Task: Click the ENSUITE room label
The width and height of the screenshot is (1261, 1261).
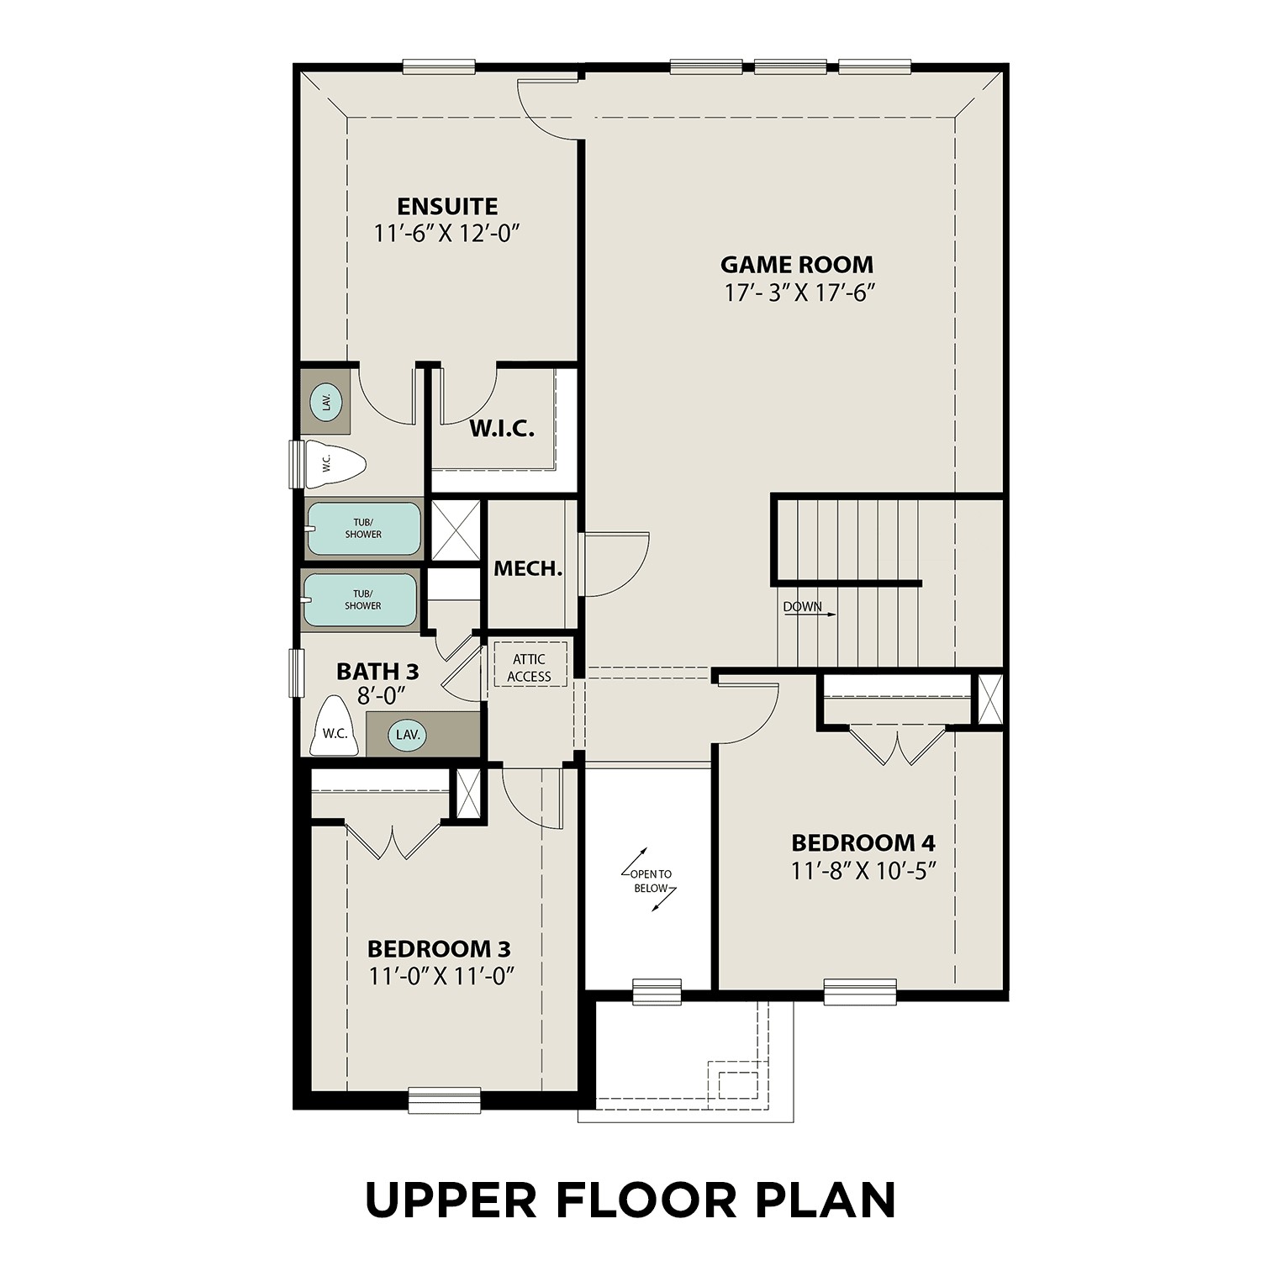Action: coord(447,206)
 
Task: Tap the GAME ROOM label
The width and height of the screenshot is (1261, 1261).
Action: coord(797,265)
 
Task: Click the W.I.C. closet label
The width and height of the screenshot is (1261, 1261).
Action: coord(501,429)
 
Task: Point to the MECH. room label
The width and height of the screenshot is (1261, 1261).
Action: coord(527,569)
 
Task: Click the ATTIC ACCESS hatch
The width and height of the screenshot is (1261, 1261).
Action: coord(529,667)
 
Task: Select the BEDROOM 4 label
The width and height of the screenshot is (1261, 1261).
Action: coord(863,842)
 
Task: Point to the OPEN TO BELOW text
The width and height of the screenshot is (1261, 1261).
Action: coord(650,881)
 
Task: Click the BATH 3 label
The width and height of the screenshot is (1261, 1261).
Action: coord(377,672)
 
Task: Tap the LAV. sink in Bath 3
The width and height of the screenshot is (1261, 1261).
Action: coord(408,734)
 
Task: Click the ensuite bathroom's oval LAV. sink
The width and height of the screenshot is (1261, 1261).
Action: coord(326,402)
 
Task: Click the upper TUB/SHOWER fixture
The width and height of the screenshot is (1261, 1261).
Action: coord(363,529)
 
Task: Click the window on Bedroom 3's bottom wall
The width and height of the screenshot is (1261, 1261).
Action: coord(444,1099)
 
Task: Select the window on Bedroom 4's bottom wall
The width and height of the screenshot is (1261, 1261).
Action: coord(859,992)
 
